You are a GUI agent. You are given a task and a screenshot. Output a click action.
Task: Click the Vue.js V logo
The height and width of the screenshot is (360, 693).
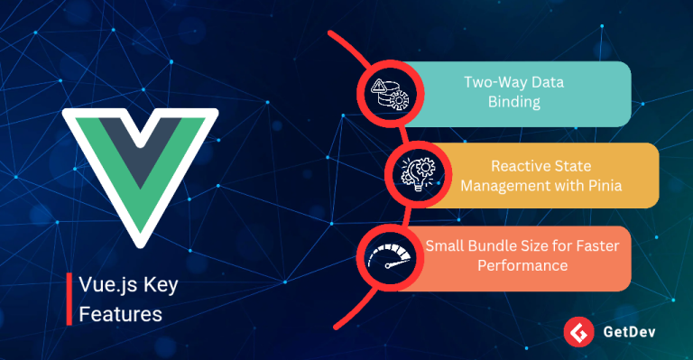(141, 167)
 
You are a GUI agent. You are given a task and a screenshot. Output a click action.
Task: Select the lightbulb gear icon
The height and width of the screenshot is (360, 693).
(417, 173)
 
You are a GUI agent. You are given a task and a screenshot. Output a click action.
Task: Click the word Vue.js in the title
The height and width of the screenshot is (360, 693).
(103, 287)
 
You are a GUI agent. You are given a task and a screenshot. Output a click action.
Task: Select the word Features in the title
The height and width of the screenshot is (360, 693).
(120, 314)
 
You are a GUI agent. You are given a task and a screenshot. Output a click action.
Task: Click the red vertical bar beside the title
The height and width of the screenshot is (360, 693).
(69, 300)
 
